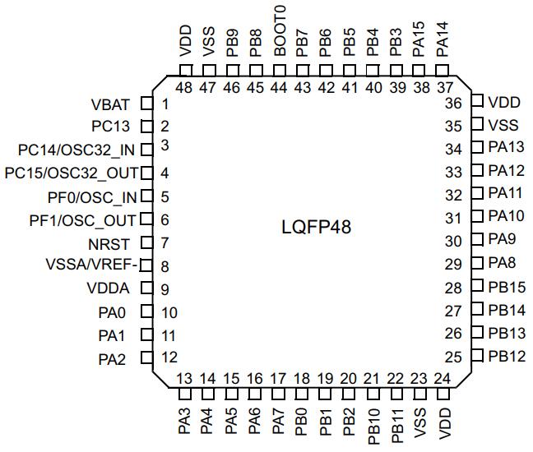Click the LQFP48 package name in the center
(316, 227)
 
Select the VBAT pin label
(110, 104)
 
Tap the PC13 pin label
(110, 127)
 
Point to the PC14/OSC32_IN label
(77, 150)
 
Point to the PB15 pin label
(505, 288)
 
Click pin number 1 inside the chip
(165, 104)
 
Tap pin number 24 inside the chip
(443, 378)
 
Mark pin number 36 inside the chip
(453, 104)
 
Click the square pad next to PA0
(147, 311)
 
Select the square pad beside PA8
(477, 264)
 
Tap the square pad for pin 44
(280, 71)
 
